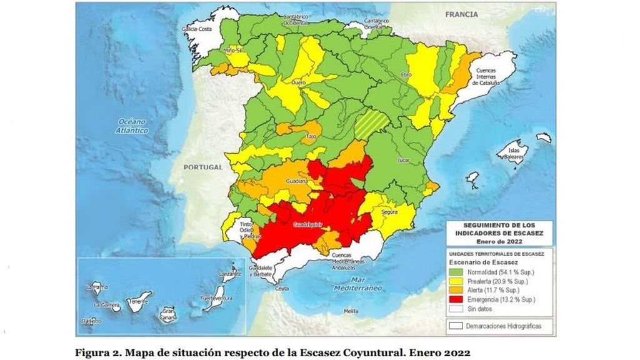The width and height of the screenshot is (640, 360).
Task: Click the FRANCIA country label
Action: tap(461, 14)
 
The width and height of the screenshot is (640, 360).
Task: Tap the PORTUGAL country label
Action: tap(204, 167)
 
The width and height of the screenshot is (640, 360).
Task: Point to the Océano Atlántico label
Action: tap(131, 126)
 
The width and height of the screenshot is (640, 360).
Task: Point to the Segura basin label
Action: tap(389, 212)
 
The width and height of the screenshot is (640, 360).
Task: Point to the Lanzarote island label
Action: tap(231, 273)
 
